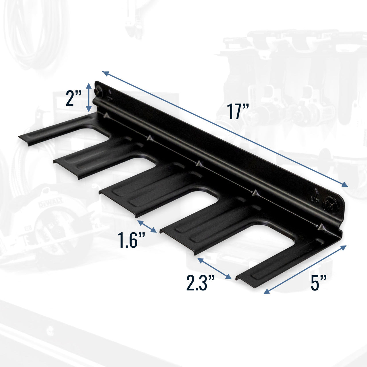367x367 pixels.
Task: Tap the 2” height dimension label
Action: (x=74, y=98)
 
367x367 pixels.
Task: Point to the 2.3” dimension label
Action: (x=200, y=283)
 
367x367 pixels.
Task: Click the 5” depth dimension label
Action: (x=319, y=283)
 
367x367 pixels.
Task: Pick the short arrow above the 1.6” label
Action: (x=147, y=226)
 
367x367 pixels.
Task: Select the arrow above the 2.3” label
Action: (x=214, y=268)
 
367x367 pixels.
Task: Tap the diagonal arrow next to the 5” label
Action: (x=305, y=270)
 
